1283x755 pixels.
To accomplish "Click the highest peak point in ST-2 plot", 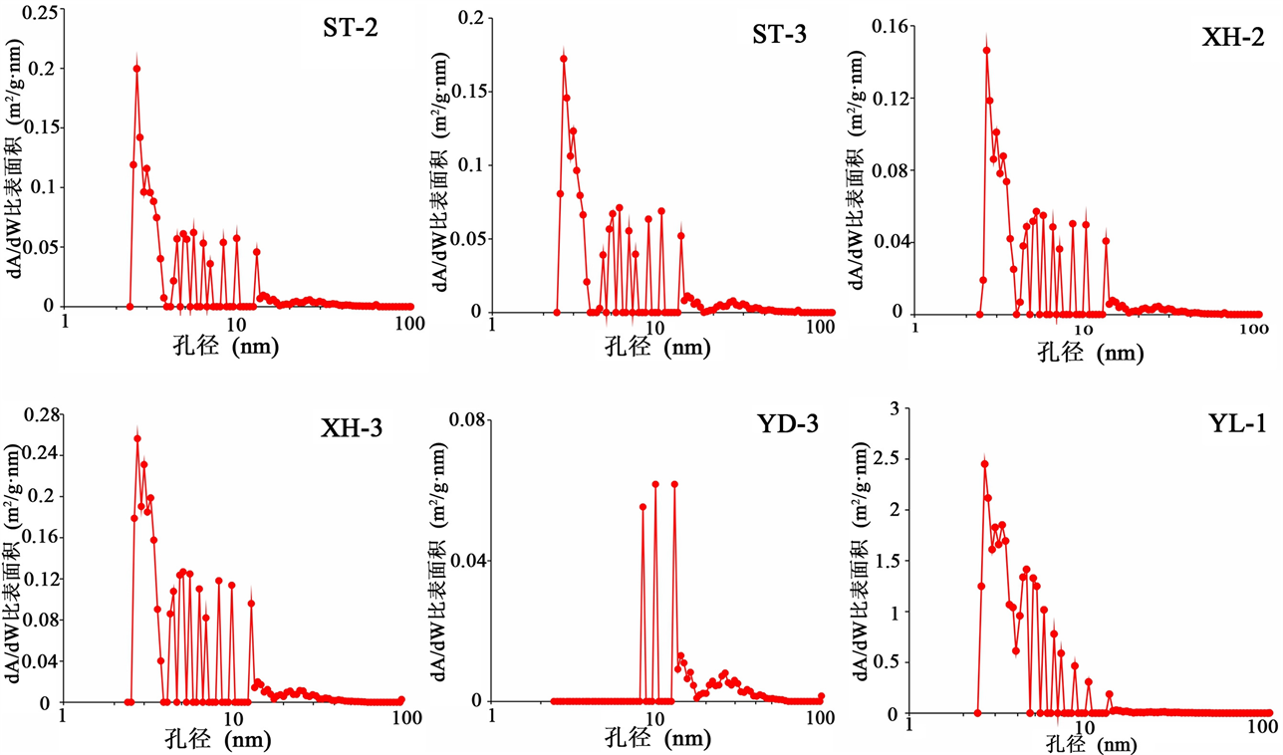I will [136, 69].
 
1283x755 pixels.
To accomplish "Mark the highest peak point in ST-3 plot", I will [564, 59].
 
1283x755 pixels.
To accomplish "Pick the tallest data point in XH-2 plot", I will [986, 50].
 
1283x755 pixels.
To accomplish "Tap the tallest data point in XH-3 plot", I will [137, 438].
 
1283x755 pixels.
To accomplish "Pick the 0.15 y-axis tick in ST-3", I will [467, 92].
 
